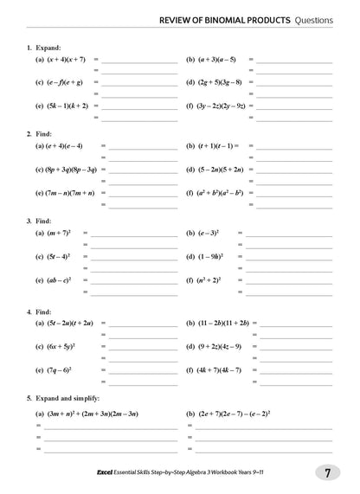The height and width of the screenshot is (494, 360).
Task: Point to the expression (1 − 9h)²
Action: tap(208, 257)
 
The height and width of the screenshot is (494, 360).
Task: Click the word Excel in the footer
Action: tap(110, 473)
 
